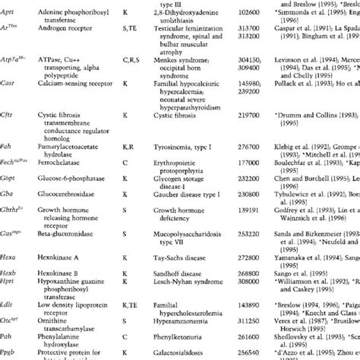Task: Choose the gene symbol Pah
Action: coord(10,331)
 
